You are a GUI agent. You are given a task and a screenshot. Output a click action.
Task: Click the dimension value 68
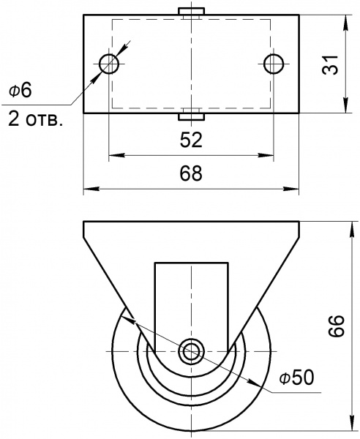(191, 174)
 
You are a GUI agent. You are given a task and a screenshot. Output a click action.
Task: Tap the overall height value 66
(334, 326)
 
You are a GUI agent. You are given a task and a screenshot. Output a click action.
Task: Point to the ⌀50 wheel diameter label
(296, 378)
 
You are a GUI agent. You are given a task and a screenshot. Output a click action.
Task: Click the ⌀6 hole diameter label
(20, 90)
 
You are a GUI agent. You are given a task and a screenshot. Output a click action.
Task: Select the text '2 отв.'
(35, 119)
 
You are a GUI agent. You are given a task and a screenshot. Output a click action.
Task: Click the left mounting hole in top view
(109, 63)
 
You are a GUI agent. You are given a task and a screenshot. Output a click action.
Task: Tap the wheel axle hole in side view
(192, 350)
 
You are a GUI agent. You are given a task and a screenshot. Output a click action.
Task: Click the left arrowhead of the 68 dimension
(88, 190)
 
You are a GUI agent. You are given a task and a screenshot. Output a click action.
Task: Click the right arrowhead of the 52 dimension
(270, 155)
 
